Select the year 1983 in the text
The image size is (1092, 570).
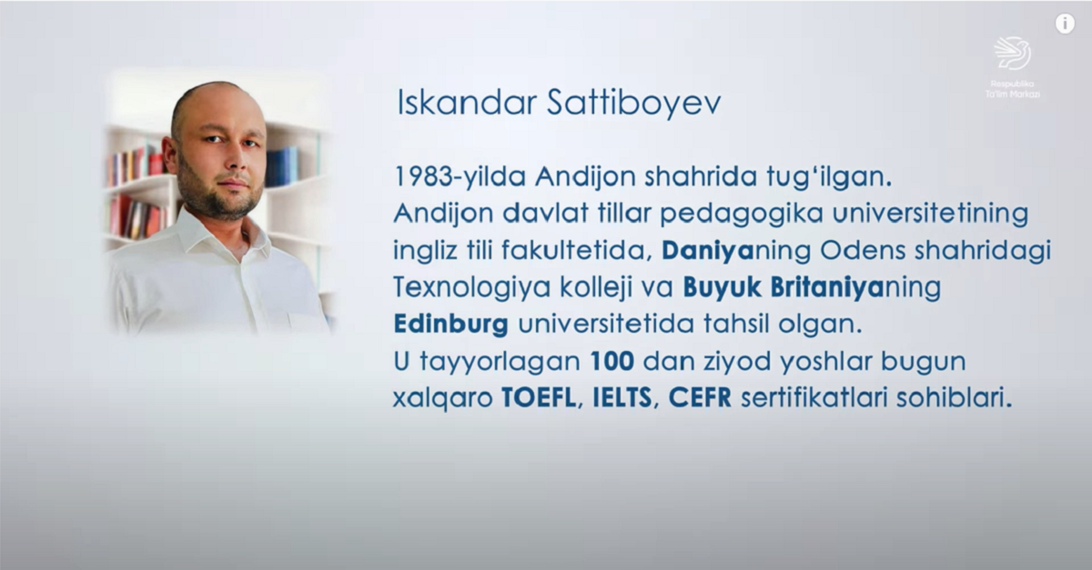tap(422, 177)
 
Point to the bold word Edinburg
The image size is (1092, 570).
tap(451, 325)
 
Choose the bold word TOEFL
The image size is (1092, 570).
tap(539, 398)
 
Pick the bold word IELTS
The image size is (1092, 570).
tap(622, 398)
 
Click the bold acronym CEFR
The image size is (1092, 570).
tap(700, 398)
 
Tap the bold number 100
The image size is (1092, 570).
tap(612, 362)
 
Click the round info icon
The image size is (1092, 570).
tap(1065, 24)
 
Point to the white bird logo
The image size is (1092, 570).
tap(1012, 53)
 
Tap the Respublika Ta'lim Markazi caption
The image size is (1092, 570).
tap(1012, 89)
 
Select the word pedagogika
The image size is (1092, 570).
tap(741, 215)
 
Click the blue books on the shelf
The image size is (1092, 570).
tap(282, 166)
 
